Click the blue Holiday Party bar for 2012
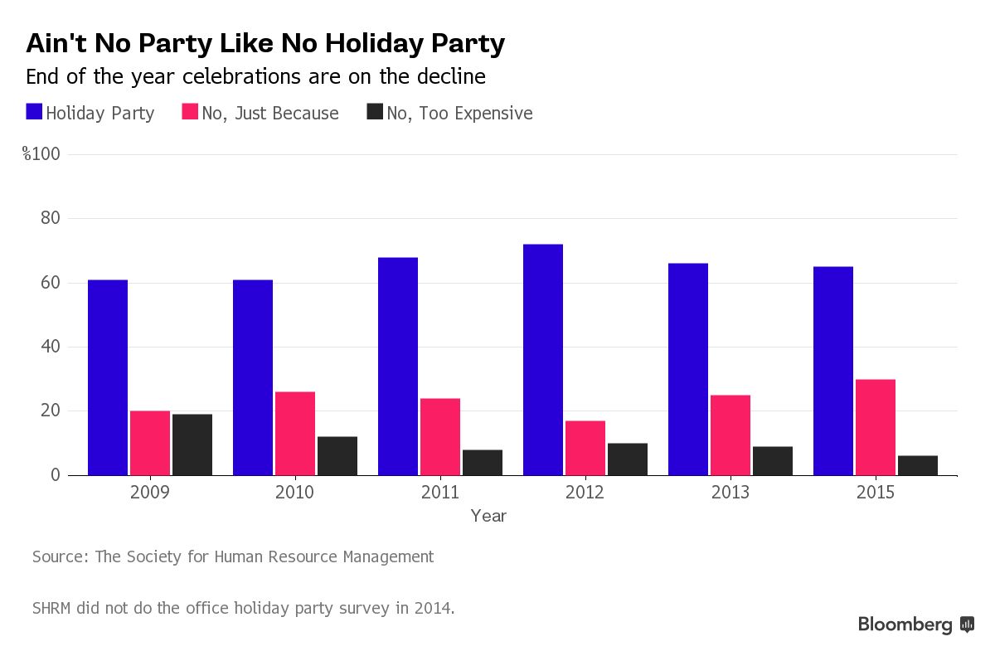tap(543, 359)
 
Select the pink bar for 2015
tap(876, 427)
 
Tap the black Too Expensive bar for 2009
tap(192, 445)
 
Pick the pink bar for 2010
tap(295, 433)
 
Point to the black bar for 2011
tap(483, 462)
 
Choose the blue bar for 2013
tap(688, 369)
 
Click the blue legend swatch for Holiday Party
tap(34, 112)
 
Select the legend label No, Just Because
tap(270, 113)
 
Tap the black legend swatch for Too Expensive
tap(374, 112)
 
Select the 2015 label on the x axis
tap(876, 492)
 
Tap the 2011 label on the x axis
tap(440, 492)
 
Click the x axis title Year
tap(488, 516)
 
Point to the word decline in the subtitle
tap(452, 77)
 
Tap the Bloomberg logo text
tap(905, 624)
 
